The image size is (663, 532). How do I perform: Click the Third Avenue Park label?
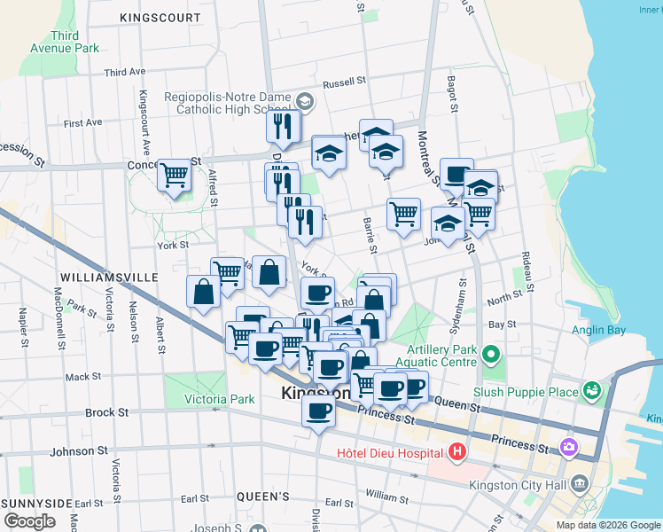click(64, 42)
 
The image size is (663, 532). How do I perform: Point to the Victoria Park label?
click(219, 399)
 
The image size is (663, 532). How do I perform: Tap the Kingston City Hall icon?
click(580, 483)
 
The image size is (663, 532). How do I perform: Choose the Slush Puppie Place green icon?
click(591, 390)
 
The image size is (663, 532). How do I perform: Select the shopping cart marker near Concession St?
click(175, 174)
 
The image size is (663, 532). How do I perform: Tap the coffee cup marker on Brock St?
click(318, 411)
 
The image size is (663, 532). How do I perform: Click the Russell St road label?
click(345, 82)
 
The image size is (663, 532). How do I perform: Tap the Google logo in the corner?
click(29, 520)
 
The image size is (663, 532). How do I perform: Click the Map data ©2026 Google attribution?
click(607, 525)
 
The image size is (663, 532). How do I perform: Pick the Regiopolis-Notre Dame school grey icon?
click(304, 101)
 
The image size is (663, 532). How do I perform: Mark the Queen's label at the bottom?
click(264, 497)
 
